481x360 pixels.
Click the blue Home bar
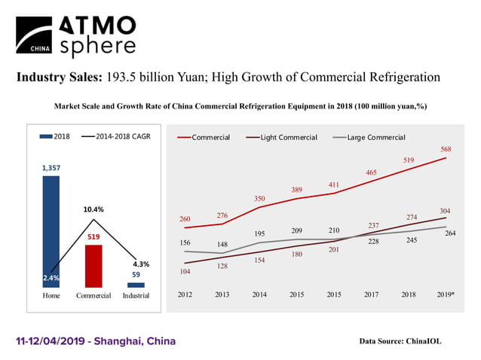(x=51, y=226)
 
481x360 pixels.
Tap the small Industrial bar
(x=136, y=285)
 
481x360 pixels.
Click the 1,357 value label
(x=51, y=168)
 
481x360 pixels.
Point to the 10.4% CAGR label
(x=93, y=209)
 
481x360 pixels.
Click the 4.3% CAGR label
(x=141, y=264)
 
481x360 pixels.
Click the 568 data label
(x=446, y=149)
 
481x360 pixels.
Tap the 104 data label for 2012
(x=185, y=270)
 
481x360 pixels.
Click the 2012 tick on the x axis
(x=185, y=294)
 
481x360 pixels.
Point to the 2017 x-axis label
(x=372, y=294)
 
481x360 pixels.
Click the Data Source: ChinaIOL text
(x=400, y=341)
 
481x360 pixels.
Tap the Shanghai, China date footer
(x=96, y=341)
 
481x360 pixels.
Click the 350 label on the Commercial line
(x=259, y=198)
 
